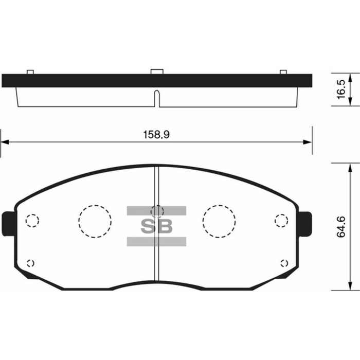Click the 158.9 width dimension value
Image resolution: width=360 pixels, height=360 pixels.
click(x=156, y=135)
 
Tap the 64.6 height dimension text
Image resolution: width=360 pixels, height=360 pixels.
click(x=340, y=227)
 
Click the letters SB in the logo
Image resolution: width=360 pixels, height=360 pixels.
click(x=157, y=226)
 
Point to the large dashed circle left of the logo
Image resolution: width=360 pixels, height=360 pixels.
click(x=95, y=221)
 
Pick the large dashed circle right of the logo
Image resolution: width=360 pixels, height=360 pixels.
click(x=219, y=221)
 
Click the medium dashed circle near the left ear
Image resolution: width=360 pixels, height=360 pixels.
click(x=32, y=221)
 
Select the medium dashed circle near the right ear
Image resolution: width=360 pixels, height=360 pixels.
click(x=281, y=221)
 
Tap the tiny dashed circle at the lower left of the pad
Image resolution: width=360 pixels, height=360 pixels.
click(x=30, y=263)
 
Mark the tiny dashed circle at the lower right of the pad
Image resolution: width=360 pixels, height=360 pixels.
click(x=283, y=263)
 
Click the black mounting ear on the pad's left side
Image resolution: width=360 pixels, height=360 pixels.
click(x=8, y=224)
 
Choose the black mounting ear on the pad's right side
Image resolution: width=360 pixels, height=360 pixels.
click(x=305, y=224)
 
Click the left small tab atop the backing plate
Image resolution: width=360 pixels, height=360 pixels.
click(x=30, y=71)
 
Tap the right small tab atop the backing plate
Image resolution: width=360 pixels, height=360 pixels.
click(x=283, y=71)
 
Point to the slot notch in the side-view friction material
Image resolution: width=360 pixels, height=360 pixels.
click(x=157, y=98)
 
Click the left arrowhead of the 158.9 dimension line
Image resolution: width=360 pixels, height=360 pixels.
click(x=5, y=142)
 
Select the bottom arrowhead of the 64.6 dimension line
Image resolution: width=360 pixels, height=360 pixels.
click(x=351, y=286)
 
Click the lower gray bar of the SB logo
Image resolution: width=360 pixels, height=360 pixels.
click(x=157, y=242)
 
